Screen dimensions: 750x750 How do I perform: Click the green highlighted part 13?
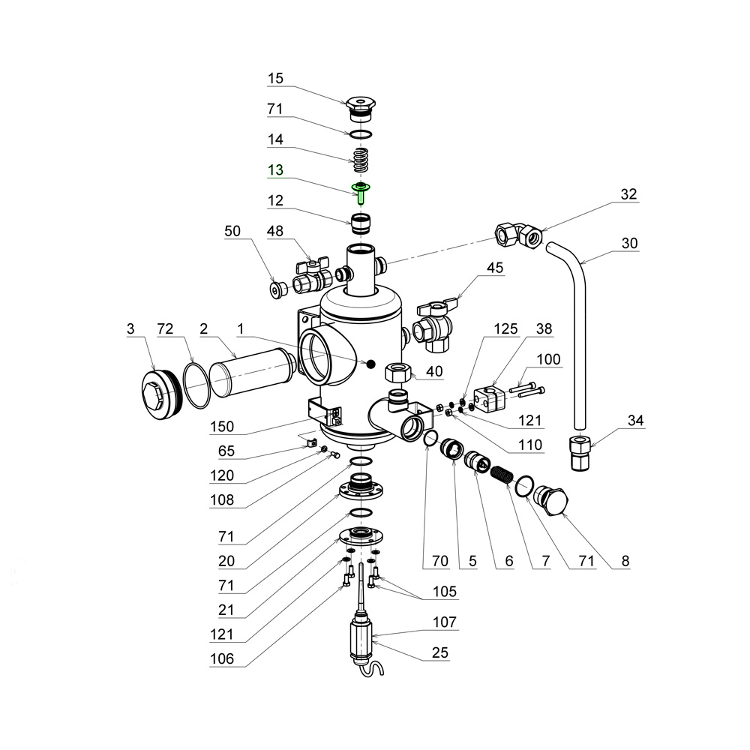click(361, 191)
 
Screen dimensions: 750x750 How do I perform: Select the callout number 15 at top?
click(276, 78)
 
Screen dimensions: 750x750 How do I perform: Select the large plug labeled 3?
click(160, 392)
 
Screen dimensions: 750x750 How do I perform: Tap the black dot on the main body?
click(370, 364)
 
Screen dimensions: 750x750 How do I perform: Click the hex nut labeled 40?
click(397, 372)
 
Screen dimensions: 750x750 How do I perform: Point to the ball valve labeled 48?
click(310, 277)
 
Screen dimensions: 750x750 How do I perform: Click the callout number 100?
click(549, 360)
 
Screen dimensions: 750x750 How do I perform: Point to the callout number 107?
click(443, 622)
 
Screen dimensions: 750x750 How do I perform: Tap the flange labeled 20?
click(361, 491)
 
